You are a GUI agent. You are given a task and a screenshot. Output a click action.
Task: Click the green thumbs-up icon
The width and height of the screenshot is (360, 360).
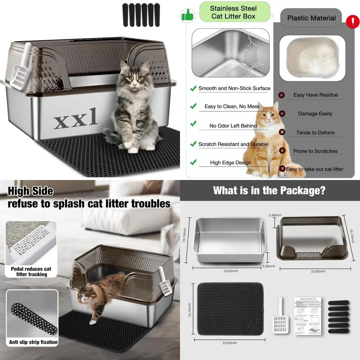(x=187, y=15)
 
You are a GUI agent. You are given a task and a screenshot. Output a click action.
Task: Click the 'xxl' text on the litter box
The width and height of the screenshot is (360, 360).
(x=76, y=120)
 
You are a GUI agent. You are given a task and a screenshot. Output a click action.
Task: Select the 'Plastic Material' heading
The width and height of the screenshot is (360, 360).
(x=311, y=18)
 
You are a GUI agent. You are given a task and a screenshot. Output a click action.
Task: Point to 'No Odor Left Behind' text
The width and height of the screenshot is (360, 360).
(x=233, y=126)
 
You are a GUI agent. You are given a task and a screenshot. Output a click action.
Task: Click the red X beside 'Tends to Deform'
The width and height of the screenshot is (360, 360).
(x=282, y=132)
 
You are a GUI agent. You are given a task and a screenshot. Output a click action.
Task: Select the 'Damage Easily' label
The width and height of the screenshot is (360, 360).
(x=315, y=113)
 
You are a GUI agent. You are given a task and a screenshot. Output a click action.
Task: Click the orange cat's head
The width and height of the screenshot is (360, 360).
(x=266, y=114)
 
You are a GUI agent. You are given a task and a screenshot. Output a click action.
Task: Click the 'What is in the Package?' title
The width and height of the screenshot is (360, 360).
(x=269, y=190)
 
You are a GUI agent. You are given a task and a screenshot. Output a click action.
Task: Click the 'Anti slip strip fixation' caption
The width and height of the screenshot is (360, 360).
(x=33, y=342)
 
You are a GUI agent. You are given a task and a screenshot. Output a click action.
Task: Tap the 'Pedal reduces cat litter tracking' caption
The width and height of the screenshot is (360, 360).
(x=31, y=271)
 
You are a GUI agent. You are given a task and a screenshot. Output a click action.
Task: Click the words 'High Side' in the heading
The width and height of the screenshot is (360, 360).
(x=30, y=191)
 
